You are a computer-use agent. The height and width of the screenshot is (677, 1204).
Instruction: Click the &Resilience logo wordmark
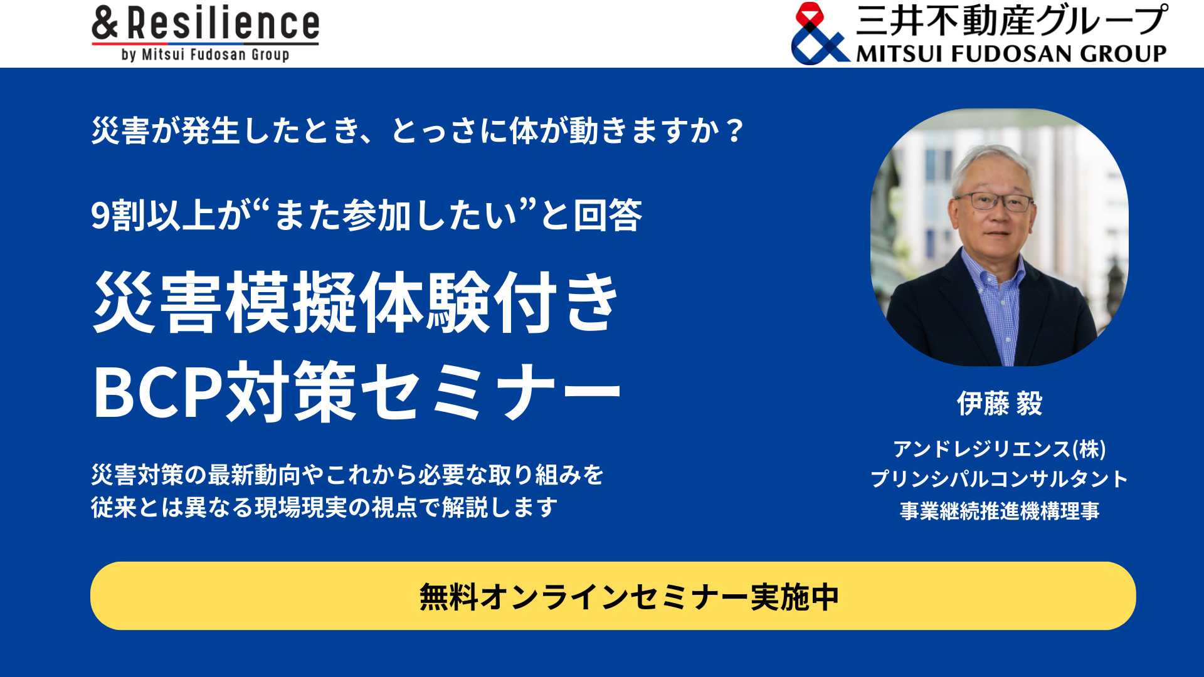click(x=206, y=24)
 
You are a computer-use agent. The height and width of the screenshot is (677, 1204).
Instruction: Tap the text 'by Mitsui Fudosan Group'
click(x=206, y=55)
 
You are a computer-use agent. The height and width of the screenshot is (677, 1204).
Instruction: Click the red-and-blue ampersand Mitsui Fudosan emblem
click(x=818, y=34)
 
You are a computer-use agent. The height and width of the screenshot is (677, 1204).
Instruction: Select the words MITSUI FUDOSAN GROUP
click(x=1011, y=54)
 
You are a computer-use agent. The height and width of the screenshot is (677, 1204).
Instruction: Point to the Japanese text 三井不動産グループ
click(x=1011, y=20)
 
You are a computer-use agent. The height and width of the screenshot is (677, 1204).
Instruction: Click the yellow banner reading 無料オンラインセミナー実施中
click(x=613, y=596)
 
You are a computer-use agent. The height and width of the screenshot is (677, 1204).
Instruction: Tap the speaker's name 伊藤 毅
click(x=1000, y=404)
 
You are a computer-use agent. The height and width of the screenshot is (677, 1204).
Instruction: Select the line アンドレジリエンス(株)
click(x=1000, y=449)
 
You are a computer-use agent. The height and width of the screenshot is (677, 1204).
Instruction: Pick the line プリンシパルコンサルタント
click(x=1000, y=480)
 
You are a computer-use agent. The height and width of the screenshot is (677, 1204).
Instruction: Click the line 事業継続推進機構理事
click(x=1000, y=511)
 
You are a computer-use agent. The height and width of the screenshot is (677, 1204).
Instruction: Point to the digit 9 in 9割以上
click(x=100, y=216)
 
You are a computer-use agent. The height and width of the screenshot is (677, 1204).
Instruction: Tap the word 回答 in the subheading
click(x=608, y=216)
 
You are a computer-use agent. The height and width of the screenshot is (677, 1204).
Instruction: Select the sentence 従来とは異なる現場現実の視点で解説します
click(x=324, y=507)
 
